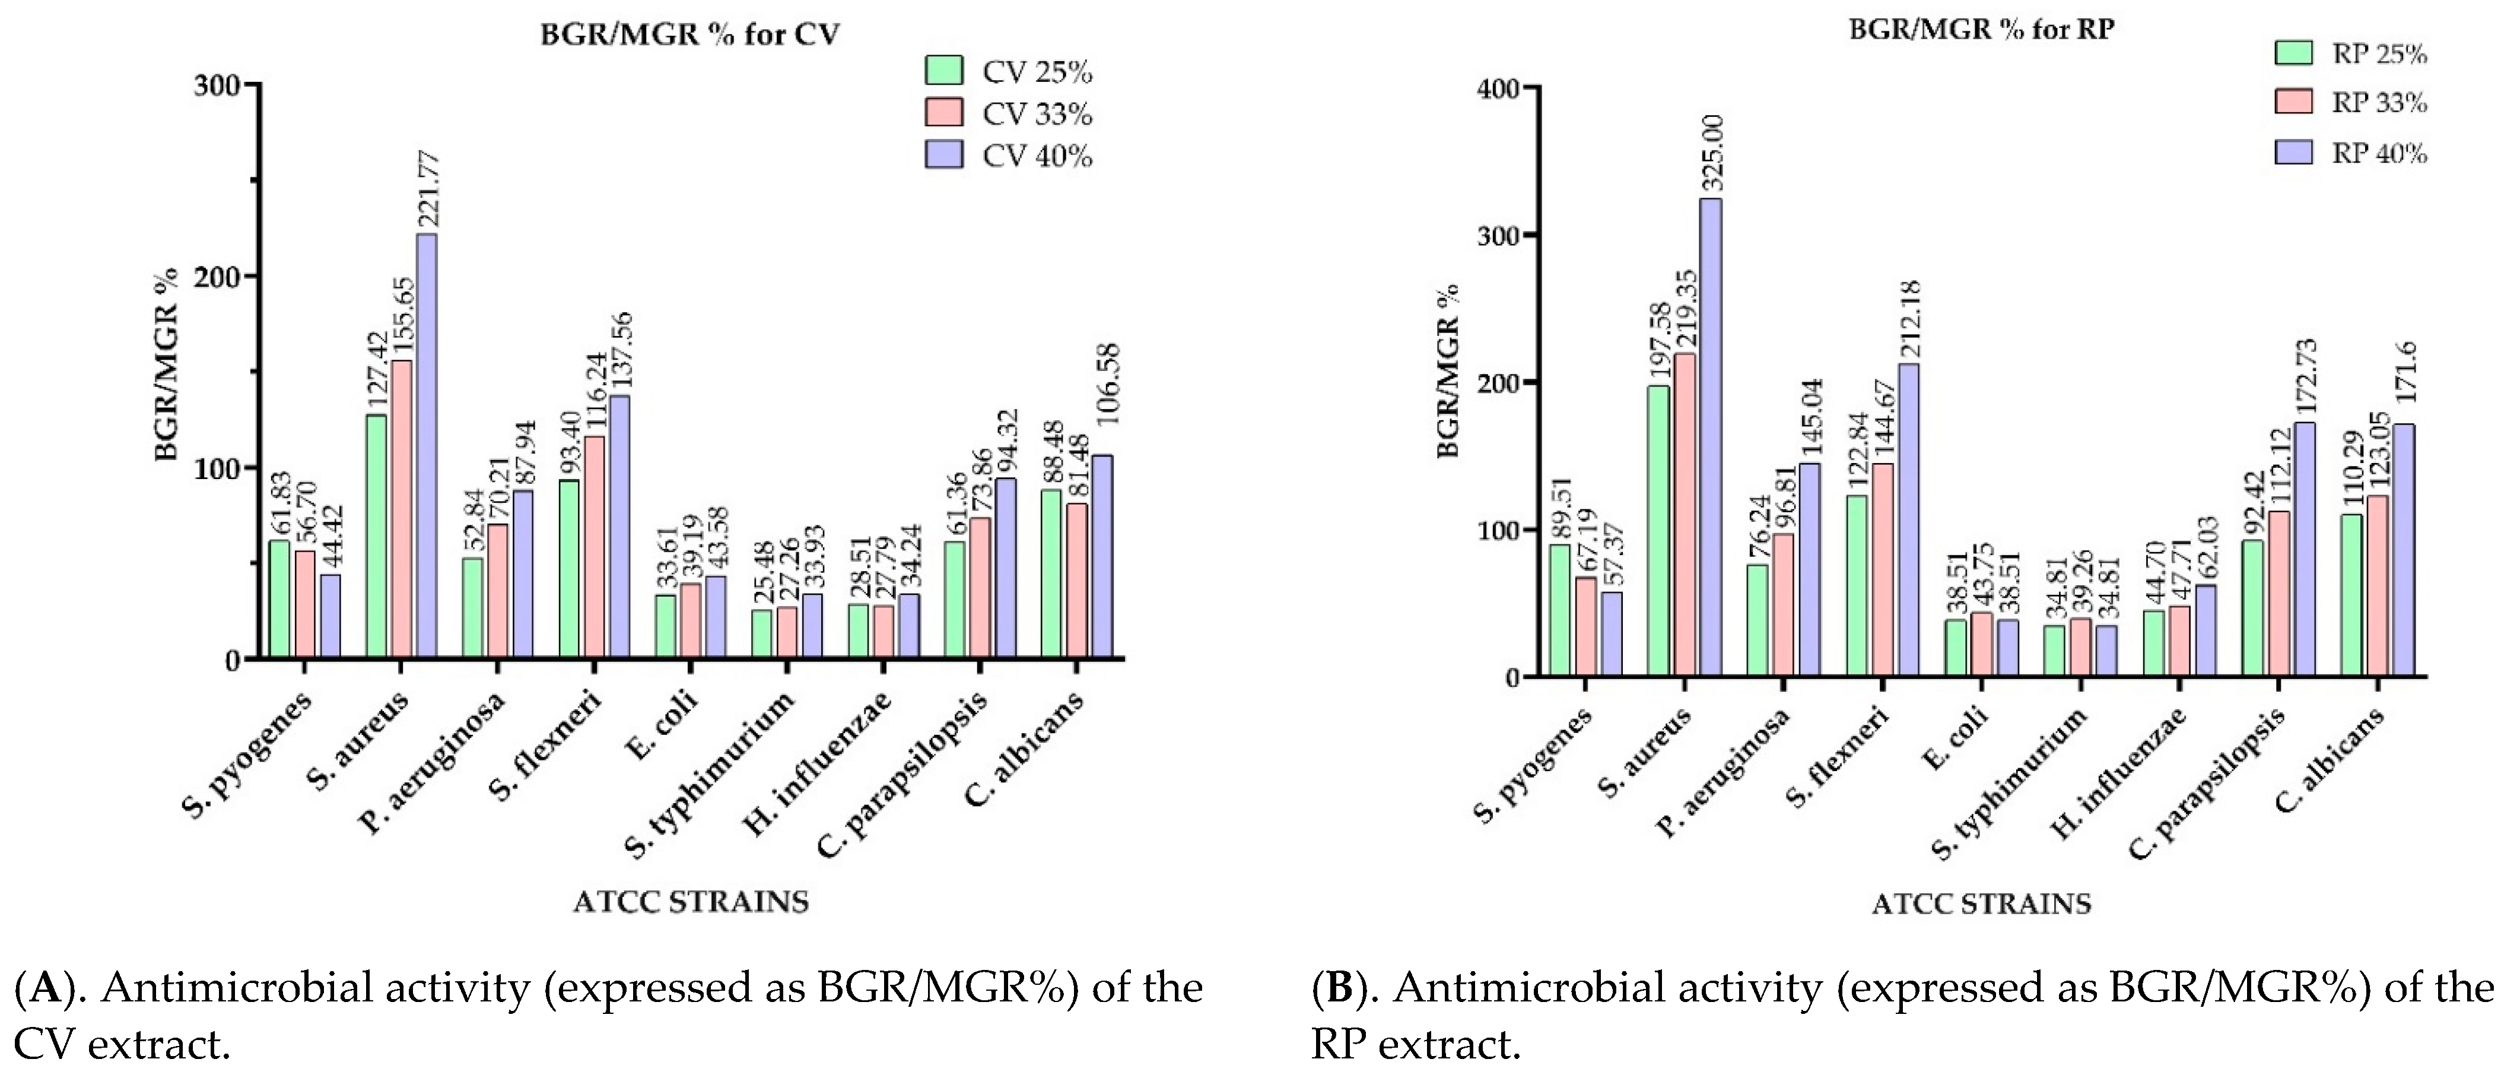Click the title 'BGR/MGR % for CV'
(x=690, y=34)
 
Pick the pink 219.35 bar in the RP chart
(x=1685, y=515)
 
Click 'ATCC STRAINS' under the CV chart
(x=691, y=901)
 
